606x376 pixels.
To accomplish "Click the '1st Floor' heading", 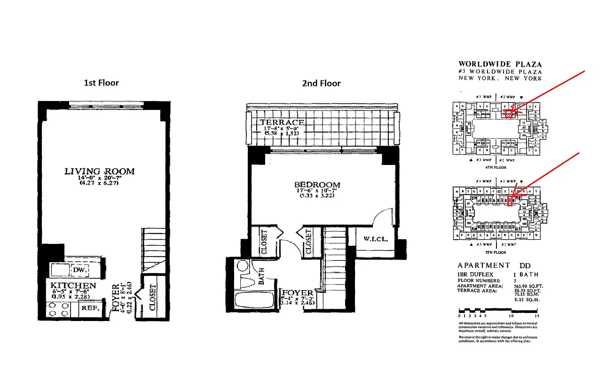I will click(101, 83).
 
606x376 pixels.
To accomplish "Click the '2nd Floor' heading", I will click(321, 84).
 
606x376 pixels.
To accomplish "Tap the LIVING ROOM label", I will click(99, 172).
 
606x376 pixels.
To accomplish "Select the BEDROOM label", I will click(317, 185).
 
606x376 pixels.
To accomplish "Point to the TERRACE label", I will click(282, 122).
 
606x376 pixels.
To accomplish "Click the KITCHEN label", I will click(73, 285).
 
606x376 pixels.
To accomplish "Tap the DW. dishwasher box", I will click(78, 271).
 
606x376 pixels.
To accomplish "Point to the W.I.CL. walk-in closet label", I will click(375, 239).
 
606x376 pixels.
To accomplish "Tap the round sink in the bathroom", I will click(243, 266).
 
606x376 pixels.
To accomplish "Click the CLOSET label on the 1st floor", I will click(152, 298).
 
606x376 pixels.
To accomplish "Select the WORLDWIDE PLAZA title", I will click(500, 64).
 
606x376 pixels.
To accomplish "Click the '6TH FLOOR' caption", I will click(496, 167).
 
